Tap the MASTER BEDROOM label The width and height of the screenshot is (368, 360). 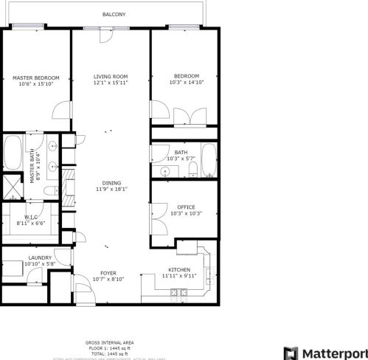click(x=35, y=77)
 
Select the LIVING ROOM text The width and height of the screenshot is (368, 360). click(x=111, y=77)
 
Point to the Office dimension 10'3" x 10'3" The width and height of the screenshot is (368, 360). click(x=185, y=214)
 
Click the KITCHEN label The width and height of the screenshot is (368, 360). click(x=180, y=269)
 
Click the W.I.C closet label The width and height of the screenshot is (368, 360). click(x=30, y=217)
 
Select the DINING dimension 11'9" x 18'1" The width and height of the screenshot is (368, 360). click(x=111, y=189)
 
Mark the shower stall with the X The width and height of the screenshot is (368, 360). click(x=13, y=184)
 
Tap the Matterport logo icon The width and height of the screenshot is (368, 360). click(x=292, y=353)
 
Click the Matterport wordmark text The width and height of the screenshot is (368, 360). click(x=336, y=353)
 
